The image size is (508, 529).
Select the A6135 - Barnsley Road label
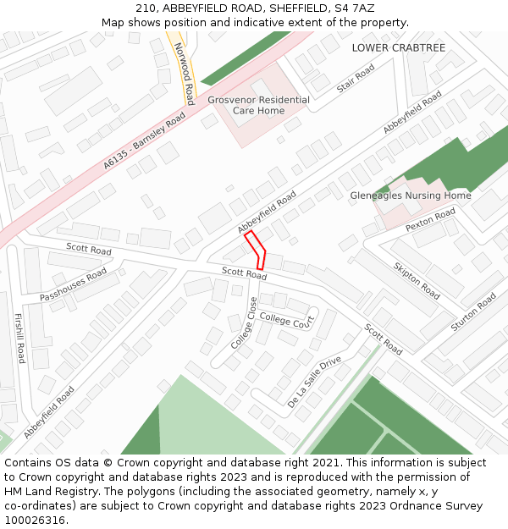[144, 140]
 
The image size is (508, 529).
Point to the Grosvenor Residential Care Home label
[258, 105]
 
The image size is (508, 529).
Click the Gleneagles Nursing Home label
[410, 196]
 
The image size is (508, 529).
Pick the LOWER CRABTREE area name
[398, 47]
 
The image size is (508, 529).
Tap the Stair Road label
[355, 79]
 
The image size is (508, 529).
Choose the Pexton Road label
[430, 220]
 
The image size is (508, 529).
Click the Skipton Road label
[417, 280]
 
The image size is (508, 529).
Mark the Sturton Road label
[473, 312]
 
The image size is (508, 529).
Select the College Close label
[243, 323]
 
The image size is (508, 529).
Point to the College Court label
[286, 319]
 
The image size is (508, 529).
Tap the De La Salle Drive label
[314, 383]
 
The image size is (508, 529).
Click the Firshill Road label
[19, 339]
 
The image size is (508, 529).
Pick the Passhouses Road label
[73, 285]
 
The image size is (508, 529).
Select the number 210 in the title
[146, 8]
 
